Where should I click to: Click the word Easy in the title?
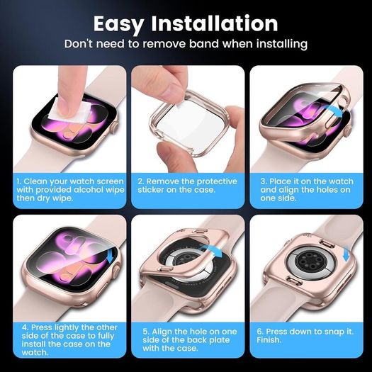(118, 24)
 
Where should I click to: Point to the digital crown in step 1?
(115, 128)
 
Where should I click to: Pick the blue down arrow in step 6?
(346, 254)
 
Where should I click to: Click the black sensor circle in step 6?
(309, 261)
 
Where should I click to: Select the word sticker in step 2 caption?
(150, 190)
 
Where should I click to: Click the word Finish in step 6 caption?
(269, 340)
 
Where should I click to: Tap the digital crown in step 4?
(117, 270)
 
